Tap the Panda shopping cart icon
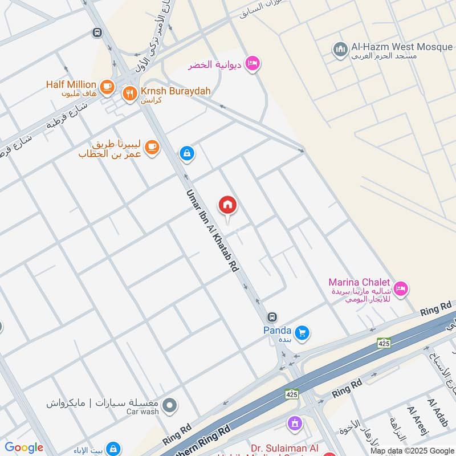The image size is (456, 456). click(x=303, y=332)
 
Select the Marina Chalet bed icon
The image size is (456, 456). click(x=401, y=289)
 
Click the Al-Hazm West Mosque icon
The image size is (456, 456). click(x=340, y=50)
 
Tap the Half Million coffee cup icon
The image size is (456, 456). click(x=107, y=87)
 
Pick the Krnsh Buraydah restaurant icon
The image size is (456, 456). click(x=129, y=92)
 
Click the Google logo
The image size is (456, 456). click(x=23, y=448)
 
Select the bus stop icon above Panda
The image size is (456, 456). click(x=272, y=317)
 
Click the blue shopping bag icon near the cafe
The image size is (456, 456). click(x=186, y=153)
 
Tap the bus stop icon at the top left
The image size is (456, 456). click(x=97, y=32)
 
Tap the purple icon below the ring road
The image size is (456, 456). click(x=295, y=424)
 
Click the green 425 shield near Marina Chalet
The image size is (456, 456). click(x=384, y=343)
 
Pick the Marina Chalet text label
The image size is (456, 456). click(x=359, y=282)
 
